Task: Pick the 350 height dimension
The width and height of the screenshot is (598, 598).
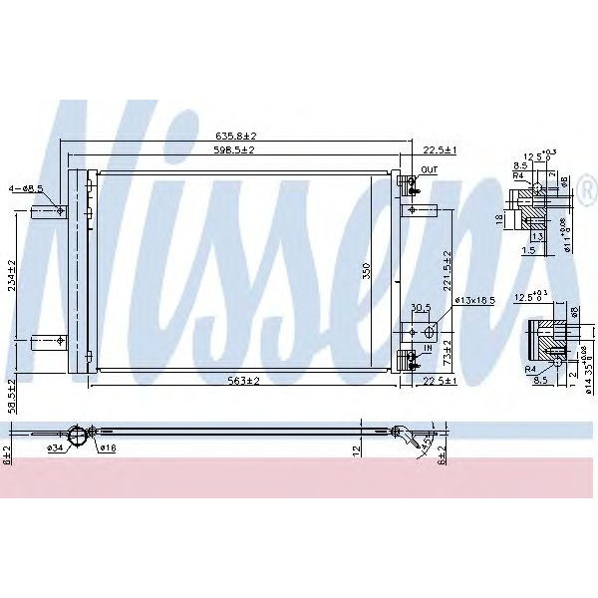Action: (366, 271)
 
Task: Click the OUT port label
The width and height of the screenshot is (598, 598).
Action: (429, 170)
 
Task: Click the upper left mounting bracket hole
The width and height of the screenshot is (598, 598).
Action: (62, 210)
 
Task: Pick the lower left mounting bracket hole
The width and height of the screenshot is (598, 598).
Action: (62, 342)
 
